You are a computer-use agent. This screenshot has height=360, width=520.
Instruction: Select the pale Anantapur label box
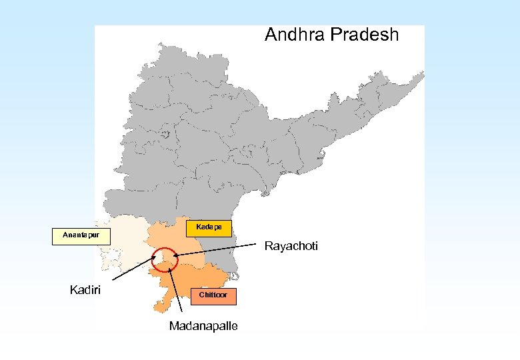click(x=76, y=235)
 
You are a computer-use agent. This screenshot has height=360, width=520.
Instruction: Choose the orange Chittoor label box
click(x=213, y=295)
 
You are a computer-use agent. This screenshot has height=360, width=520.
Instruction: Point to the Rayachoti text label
click(x=291, y=247)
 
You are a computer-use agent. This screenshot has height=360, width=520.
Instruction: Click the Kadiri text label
click(x=86, y=289)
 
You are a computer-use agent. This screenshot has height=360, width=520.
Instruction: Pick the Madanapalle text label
click(x=203, y=326)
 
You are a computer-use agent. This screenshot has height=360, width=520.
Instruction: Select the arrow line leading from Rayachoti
click(x=220, y=251)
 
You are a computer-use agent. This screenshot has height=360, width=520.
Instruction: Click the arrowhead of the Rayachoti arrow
click(x=175, y=255)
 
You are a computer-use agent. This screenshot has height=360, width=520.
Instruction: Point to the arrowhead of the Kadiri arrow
click(x=154, y=255)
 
